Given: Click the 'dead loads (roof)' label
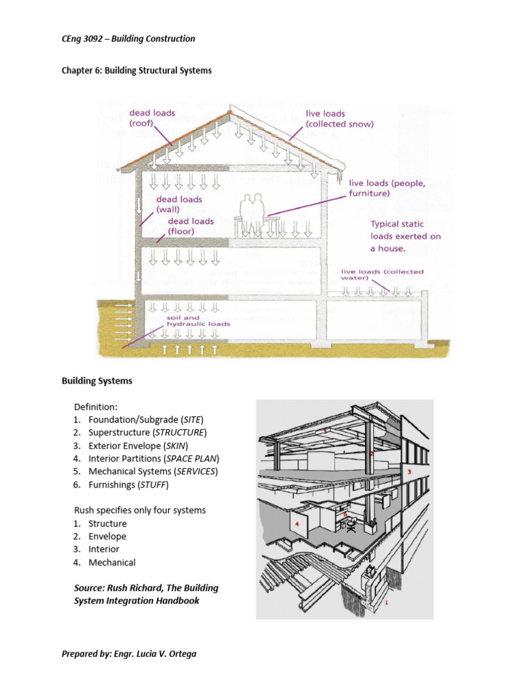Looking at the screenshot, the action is pos(152,118).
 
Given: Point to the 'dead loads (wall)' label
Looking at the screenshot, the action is pos(180,204).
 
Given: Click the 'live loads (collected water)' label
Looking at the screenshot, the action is pos(382,274).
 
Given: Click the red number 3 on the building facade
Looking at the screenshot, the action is pos(409,472).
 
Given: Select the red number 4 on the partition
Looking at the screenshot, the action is pos(297,524).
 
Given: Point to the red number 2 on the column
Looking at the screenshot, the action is pos(372,453).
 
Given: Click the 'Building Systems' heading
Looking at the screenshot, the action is pos(96,381).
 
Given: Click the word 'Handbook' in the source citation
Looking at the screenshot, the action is pos(175,601).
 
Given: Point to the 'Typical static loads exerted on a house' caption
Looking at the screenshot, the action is pos(405,236).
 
